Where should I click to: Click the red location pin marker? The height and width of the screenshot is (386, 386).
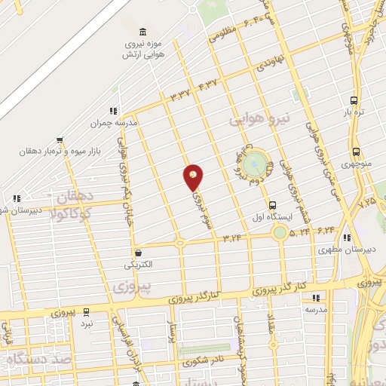pyautogui.click(x=194, y=176)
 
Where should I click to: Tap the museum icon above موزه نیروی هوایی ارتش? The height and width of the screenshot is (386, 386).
pyautogui.click(x=142, y=31)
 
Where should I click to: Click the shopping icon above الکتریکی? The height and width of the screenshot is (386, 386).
pyautogui.click(x=138, y=253)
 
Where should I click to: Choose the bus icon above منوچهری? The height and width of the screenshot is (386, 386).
pyautogui.click(x=355, y=151)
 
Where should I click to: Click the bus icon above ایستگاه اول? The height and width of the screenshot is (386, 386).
pyautogui.click(x=272, y=204)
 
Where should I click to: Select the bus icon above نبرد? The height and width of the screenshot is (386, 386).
pyautogui.click(x=87, y=311)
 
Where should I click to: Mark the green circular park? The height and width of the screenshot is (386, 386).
pyautogui.click(x=257, y=161)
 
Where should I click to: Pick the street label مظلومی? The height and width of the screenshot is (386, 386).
pyautogui.click(x=224, y=32)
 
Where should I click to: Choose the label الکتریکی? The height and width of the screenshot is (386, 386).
pyautogui.click(x=138, y=265)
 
